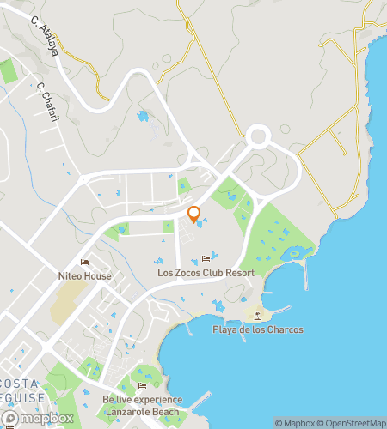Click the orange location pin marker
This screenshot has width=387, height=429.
[194, 214]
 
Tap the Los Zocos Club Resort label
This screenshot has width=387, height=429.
[206, 273]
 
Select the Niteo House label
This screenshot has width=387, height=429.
[84, 276]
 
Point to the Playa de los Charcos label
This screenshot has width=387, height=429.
[257, 329]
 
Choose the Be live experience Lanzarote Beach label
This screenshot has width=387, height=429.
[142, 405]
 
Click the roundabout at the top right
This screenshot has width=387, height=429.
[257, 136]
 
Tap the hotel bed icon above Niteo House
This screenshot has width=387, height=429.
[84, 263]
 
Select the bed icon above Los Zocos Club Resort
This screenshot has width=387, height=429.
[206, 259]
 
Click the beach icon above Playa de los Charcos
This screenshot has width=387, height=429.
[257, 316]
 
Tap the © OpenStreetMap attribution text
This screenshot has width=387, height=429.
[351, 423]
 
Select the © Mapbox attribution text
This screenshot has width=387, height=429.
[295, 423]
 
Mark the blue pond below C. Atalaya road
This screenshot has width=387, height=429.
[142, 115]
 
